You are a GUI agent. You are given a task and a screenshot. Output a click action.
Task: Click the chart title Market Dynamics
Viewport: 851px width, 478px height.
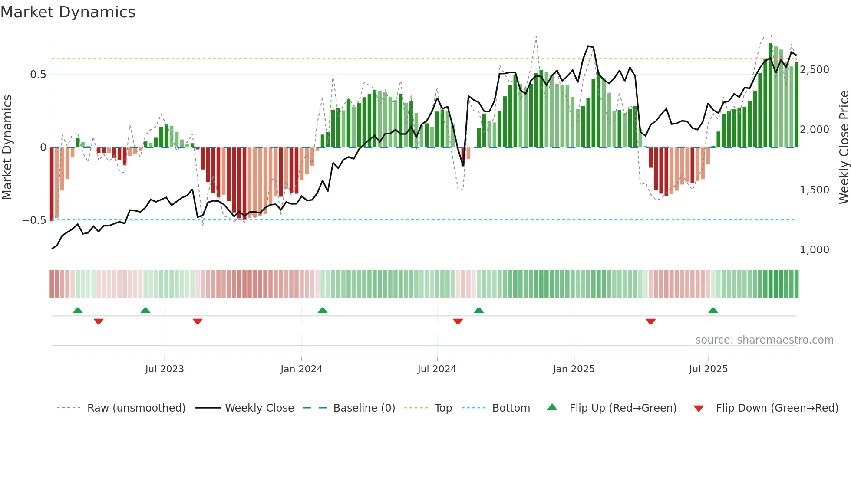68,12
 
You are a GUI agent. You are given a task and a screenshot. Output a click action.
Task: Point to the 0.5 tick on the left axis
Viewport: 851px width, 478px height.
38,75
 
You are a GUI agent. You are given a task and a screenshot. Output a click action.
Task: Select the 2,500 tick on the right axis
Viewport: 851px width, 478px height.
814,70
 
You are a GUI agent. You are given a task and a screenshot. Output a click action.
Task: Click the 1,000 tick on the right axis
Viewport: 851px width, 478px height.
814,250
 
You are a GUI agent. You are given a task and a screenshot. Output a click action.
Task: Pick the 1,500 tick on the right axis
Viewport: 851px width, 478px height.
814,190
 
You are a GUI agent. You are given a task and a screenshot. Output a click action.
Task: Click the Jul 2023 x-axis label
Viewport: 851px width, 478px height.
165,369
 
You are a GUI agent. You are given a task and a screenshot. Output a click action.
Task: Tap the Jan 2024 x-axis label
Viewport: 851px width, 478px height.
301,369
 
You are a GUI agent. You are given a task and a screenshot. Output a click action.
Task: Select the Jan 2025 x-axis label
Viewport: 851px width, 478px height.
574,369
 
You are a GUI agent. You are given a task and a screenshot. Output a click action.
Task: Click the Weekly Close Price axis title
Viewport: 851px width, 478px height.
844,147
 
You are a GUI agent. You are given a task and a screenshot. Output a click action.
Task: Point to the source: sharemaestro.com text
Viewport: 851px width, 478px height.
764,340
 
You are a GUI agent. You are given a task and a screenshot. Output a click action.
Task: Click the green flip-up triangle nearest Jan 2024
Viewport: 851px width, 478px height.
322,311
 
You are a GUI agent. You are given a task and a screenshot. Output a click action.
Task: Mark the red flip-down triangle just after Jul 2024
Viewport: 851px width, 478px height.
458,321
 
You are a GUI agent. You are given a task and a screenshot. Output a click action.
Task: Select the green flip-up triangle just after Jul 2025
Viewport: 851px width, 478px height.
713,311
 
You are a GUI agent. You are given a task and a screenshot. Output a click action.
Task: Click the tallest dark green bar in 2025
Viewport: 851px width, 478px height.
770,95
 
